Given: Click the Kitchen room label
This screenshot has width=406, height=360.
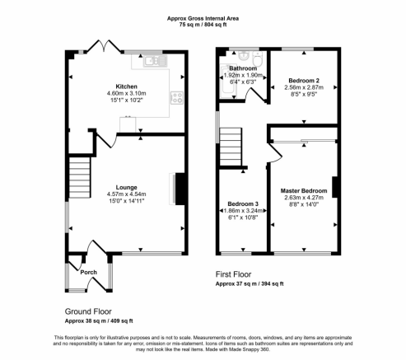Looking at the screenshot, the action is click(126, 86).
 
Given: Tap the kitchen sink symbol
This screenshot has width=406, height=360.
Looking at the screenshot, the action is click(155, 61).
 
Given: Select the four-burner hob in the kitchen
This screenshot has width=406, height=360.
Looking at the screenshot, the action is click(177, 98).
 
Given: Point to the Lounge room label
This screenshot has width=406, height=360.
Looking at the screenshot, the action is click(126, 188).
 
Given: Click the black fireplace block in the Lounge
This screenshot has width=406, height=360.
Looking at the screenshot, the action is click(180, 189).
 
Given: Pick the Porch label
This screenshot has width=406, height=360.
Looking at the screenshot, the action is click(89, 273).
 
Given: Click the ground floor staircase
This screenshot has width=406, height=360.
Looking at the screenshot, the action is click(80, 177).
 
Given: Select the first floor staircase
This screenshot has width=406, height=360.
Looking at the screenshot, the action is click(231, 147).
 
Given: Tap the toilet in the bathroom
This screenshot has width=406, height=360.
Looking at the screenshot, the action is click(258, 58).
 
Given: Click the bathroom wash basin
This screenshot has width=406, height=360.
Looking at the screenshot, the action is click(244, 56).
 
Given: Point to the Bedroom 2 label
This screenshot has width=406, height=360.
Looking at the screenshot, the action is click(304, 81).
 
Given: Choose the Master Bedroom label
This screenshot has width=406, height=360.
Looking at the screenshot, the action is click(304, 191).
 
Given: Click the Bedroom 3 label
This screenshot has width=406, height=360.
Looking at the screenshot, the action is click(243, 204).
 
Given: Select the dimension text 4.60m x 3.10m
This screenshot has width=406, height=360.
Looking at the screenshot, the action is click(126, 93).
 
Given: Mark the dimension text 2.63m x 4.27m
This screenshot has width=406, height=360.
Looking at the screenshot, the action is click(304, 198).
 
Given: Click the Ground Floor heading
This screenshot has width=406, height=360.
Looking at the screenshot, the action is click(88, 311).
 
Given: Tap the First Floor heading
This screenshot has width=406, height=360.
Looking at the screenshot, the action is click(233, 274).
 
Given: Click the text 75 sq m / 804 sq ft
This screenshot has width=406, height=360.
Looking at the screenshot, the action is click(203, 25).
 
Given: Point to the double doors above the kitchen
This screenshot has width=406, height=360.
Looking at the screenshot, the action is click(104, 46).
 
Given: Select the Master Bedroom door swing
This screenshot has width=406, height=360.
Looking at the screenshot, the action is click(275, 153).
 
